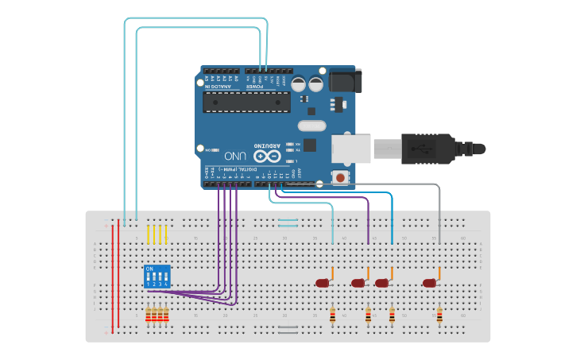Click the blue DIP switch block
[157, 277]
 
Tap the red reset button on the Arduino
[341, 177]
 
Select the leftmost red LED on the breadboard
[323, 283]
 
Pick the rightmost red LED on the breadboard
[430, 283]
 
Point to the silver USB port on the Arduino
[351, 149]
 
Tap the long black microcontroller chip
[246, 102]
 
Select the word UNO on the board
[235, 156]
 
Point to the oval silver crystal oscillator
[312, 126]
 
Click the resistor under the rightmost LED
[439, 315]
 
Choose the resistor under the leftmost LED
[332, 315]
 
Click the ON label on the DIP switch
[149, 269]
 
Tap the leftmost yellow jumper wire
[148, 234]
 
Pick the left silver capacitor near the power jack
[299, 83]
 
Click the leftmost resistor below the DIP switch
[148, 315]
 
